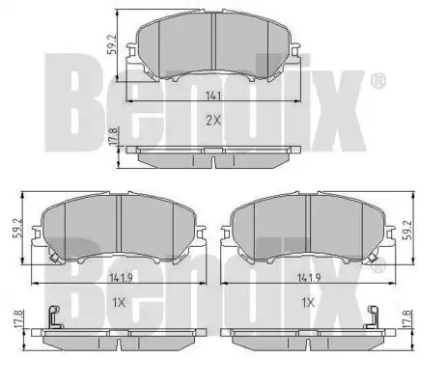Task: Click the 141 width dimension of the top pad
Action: pyautogui.click(x=212, y=96)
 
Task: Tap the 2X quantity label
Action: pyautogui.click(x=213, y=121)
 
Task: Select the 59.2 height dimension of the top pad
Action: pyautogui.click(x=111, y=44)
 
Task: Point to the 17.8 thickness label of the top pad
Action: pyautogui.click(x=113, y=137)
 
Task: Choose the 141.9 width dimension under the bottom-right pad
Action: pyautogui.click(x=309, y=278)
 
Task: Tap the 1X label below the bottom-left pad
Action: pyautogui.click(x=119, y=302)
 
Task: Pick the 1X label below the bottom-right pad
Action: pyautogui.click(x=308, y=302)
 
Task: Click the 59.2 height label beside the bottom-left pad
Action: pyautogui.click(x=16, y=228)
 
